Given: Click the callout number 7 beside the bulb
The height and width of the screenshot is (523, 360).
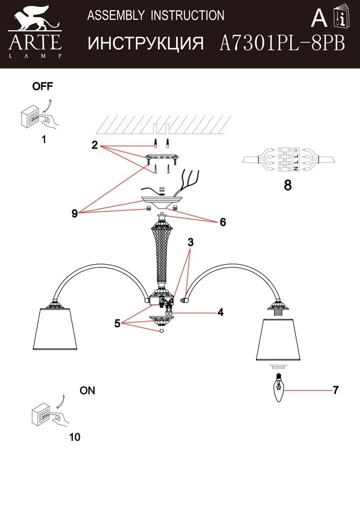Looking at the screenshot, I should click(335, 390).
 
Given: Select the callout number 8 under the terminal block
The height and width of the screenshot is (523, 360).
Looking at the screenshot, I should click(287, 185).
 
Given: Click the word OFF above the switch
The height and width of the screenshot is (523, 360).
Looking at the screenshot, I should click(43, 86).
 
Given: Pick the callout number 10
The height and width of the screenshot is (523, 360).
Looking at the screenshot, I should click(74, 437).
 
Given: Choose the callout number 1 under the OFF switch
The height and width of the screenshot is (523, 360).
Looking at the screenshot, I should click(44, 139).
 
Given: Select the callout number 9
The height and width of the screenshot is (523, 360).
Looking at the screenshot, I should click(74, 214).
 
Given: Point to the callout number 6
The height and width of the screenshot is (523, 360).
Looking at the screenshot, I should click(222, 222).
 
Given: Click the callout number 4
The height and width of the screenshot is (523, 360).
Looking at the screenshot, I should click(220, 312).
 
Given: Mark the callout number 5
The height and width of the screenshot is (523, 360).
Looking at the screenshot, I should click(117, 324).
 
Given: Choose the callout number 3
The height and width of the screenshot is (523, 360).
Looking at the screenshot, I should click(190, 243).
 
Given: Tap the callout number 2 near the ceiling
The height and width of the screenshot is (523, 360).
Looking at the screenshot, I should click(94, 145).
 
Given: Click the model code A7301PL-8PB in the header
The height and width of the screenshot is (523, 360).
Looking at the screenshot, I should click(282, 44).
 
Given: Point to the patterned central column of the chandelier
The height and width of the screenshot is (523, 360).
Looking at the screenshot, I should click(163, 254).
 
